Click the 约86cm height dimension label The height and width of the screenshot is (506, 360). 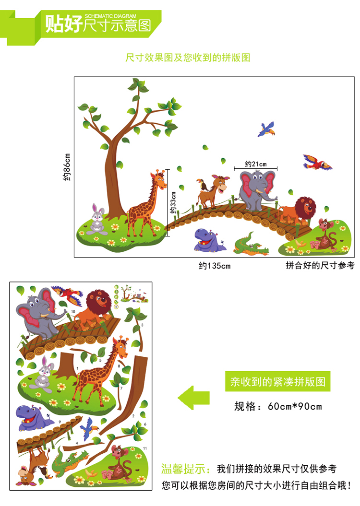67,166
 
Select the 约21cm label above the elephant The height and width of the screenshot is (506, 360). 255,164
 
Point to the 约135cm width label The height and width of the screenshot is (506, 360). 215,265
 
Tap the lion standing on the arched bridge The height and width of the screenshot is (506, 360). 300,210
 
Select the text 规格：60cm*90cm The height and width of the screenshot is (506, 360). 278,407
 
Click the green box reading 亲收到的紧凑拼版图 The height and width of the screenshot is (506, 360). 278,382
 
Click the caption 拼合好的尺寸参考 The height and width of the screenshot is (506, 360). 320,265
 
